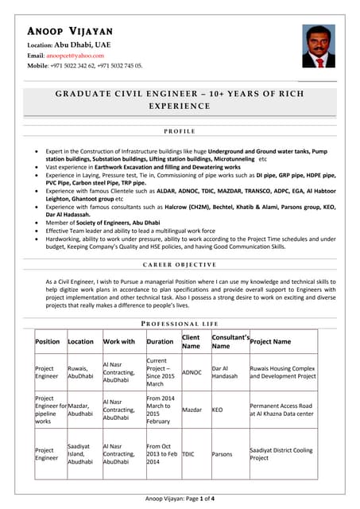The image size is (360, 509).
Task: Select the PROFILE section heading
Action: [x=179, y=130]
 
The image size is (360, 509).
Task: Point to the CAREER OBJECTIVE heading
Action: [x=179, y=264]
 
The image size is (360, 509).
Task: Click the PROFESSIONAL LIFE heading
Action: [x=179, y=324]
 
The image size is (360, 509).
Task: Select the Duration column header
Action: [x=161, y=341]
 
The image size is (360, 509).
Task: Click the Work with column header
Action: [x=119, y=341]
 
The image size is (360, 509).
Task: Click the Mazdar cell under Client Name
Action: [x=193, y=410]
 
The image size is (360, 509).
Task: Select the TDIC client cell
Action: [x=188, y=454]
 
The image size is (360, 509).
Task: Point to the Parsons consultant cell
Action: [x=223, y=454]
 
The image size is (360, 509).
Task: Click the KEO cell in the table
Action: [x=218, y=410]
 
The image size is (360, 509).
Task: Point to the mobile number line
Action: [x=86, y=66]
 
